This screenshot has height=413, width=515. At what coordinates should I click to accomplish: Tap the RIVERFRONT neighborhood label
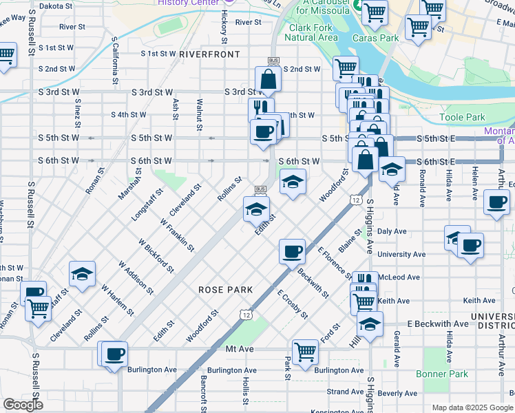(209, 54)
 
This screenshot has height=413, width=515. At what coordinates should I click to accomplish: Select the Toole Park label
(462, 118)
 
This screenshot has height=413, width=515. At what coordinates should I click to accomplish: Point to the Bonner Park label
(442, 374)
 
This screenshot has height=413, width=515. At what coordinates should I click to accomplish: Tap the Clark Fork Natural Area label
(313, 32)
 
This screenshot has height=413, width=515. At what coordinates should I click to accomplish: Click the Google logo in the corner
(23, 405)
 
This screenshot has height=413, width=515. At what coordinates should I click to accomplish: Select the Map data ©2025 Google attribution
(472, 407)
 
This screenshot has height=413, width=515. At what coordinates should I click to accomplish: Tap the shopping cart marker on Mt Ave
(305, 351)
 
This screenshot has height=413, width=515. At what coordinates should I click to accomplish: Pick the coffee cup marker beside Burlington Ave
(116, 354)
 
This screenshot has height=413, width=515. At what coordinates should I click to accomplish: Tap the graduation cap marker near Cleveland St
(82, 275)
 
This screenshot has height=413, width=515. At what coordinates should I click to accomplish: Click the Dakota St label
(55, 6)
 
